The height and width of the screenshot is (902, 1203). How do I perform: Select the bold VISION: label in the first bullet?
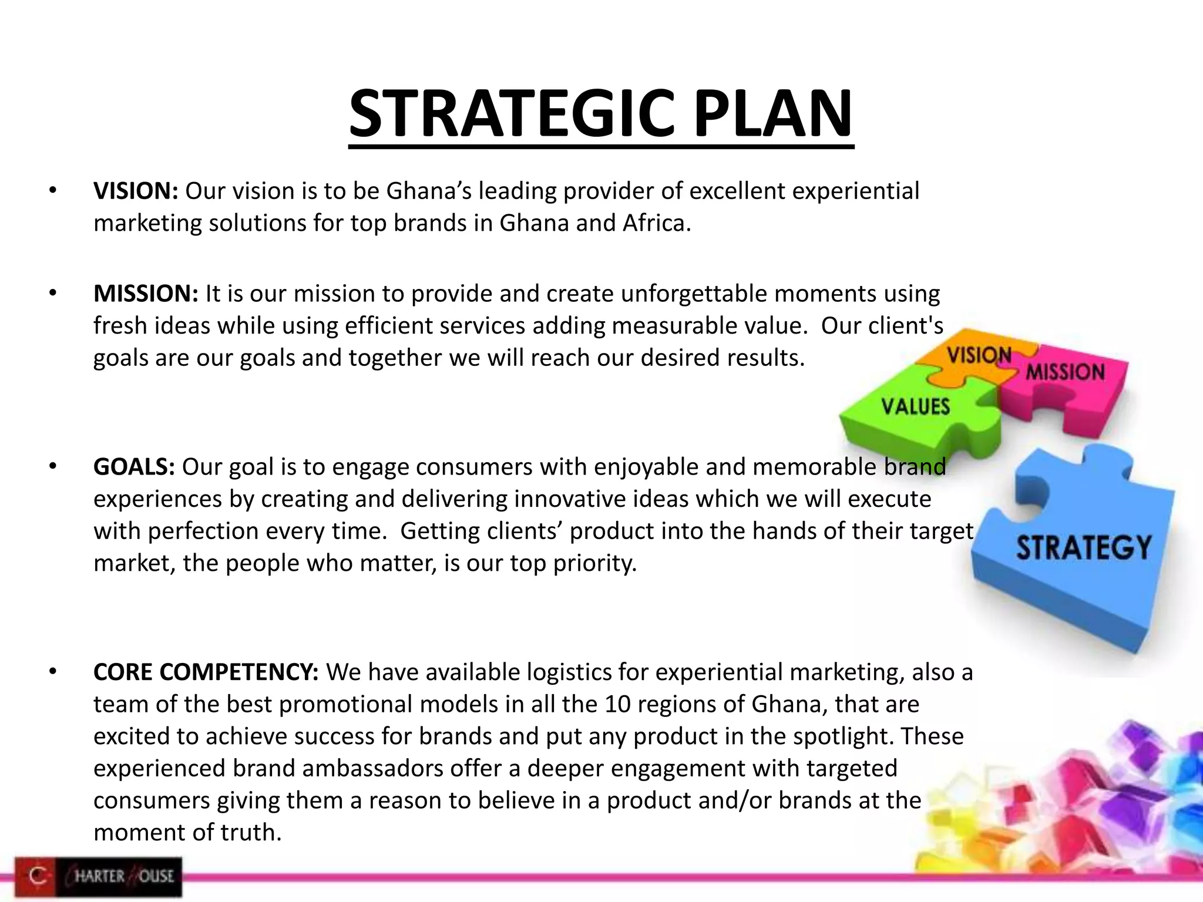136,191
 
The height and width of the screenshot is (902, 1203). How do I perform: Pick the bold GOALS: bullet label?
134,467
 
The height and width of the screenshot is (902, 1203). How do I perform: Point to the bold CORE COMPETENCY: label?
206,672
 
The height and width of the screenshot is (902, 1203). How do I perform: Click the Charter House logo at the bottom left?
99,877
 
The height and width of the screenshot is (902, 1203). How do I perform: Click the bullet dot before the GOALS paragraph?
52,467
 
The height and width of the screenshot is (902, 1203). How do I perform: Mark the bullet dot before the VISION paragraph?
52,191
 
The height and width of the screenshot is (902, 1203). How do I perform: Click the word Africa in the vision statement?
656,224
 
